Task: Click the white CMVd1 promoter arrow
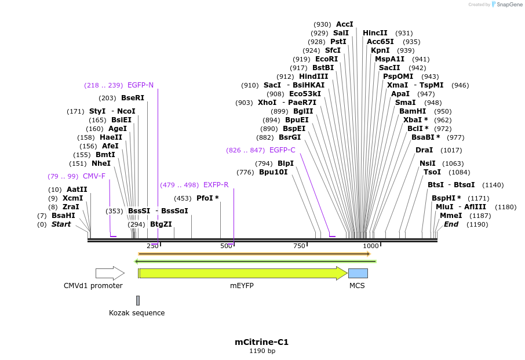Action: pos(110,273)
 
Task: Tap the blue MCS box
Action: pos(358,273)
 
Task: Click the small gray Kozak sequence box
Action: pos(138,300)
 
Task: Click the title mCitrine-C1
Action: pos(261,342)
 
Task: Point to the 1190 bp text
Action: pos(262,351)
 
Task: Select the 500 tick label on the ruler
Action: pos(226,246)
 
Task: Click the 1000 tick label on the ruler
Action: pos(371,246)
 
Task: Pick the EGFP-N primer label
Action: pos(140,85)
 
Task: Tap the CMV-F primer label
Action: pos(94,176)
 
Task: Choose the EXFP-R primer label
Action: pos(216,185)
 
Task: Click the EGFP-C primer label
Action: pos(282,150)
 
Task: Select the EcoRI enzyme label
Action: pos(326,59)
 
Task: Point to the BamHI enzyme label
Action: pos(413,111)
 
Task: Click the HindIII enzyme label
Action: pos(313,77)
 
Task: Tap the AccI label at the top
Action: pos(344,24)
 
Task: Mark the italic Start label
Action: pos(61,224)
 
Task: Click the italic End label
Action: pos(451,224)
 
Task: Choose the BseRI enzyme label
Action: pos(133,98)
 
